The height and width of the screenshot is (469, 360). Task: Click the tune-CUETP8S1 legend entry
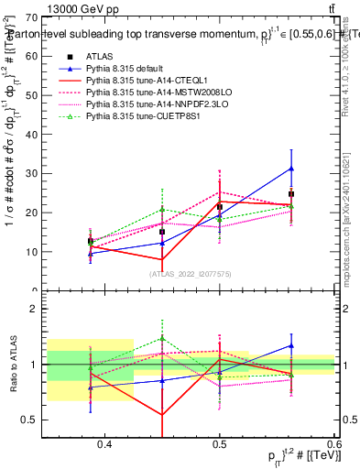pos(127,116)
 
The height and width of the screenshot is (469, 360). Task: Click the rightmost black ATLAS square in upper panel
pos(291,194)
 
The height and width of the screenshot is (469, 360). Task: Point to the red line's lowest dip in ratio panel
pos(162,415)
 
